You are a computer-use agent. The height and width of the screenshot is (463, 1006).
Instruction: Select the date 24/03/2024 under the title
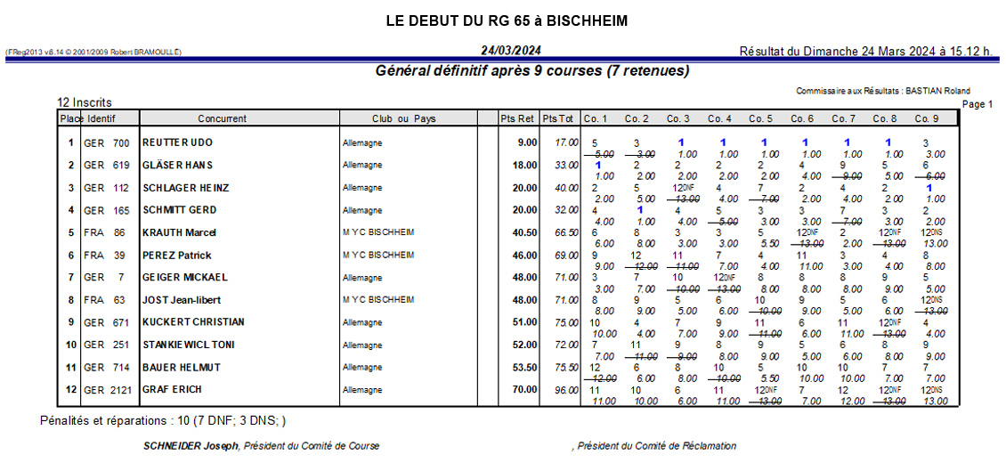tap(510, 51)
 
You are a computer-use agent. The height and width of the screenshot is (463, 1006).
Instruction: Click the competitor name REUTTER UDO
tap(178, 142)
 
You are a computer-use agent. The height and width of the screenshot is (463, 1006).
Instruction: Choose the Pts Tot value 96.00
tap(565, 389)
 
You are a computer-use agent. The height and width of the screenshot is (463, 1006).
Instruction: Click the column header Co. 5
tap(761, 118)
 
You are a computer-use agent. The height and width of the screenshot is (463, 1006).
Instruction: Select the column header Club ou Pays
tap(403, 118)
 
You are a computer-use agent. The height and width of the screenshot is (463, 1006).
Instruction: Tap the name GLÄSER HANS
tap(177, 165)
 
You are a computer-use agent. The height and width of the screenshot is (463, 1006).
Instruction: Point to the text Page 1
tap(978, 104)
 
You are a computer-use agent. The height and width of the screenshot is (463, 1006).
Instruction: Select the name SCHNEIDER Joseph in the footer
tap(191, 445)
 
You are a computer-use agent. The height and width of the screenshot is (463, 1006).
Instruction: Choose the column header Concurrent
tap(223, 118)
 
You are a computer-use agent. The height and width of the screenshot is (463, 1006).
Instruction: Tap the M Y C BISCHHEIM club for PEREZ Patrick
tap(378, 255)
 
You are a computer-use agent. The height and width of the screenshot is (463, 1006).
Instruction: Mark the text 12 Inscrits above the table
tap(85, 102)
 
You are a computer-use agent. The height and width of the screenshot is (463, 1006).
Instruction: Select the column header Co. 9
tap(927, 118)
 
